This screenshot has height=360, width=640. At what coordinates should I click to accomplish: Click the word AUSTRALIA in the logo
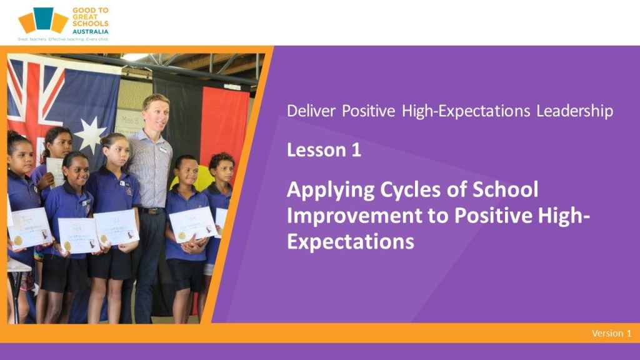(x=90, y=31)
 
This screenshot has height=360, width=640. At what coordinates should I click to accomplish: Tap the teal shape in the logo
(x=44, y=18)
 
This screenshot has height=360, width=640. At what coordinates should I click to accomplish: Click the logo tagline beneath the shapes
(x=63, y=39)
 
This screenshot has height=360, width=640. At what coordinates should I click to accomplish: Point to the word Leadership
(x=575, y=111)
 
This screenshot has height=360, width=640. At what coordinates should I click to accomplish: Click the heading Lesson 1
(x=324, y=150)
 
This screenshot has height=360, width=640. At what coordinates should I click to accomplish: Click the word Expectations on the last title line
(x=351, y=242)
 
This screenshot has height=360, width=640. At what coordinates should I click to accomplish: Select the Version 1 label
(x=611, y=333)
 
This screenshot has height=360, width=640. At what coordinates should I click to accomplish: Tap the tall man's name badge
(x=164, y=150)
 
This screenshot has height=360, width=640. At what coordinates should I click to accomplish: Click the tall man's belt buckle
(x=154, y=211)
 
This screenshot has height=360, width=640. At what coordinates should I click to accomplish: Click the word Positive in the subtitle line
(x=369, y=111)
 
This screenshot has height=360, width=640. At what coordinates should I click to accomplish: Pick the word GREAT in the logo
(x=85, y=17)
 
